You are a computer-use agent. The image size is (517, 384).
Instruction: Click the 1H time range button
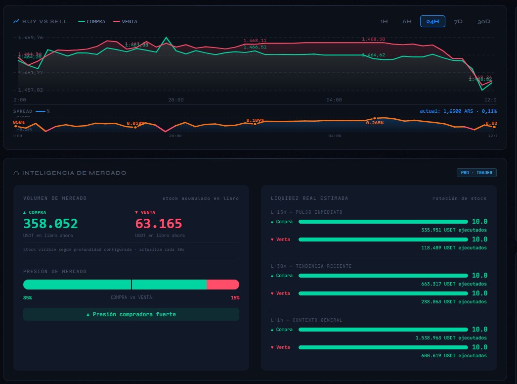click(384, 22)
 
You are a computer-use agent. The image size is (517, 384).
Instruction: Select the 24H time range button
click(432, 22)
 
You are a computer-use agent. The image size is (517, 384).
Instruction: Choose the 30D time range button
click(484, 22)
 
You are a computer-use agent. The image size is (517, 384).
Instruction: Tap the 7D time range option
click(458, 22)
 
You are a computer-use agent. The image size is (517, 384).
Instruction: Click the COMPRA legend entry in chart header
click(92, 22)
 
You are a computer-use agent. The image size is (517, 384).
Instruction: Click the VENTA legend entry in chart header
click(126, 22)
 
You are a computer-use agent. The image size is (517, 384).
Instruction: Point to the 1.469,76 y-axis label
click(31, 38)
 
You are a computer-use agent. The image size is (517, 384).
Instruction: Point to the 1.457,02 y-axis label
click(31, 90)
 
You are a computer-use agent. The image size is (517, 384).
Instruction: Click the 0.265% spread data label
click(375, 123)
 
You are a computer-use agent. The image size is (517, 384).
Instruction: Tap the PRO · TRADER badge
click(476, 173)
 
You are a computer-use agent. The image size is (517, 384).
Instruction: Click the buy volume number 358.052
click(50, 224)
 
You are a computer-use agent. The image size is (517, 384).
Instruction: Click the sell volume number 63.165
click(159, 224)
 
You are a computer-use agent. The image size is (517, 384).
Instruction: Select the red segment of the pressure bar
click(222, 285)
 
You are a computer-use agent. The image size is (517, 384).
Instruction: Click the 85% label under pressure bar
click(27, 298)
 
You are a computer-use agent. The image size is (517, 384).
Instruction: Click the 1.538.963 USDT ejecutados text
click(451, 338)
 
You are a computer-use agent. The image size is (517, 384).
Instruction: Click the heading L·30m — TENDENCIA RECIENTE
click(311, 266)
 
